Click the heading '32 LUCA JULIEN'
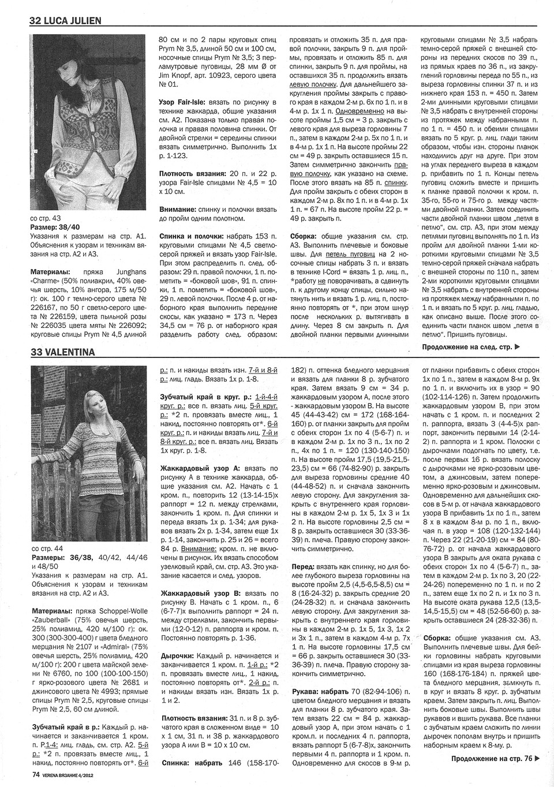pyautogui.click(x=65, y=21)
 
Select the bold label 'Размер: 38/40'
pyautogui.click(x=55, y=227)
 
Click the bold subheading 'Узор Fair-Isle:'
pyautogui.click(x=183, y=102)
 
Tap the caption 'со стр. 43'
pyautogui.click(x=44, y=219)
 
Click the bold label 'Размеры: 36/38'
pyautogui.click(x=57, y=558)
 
